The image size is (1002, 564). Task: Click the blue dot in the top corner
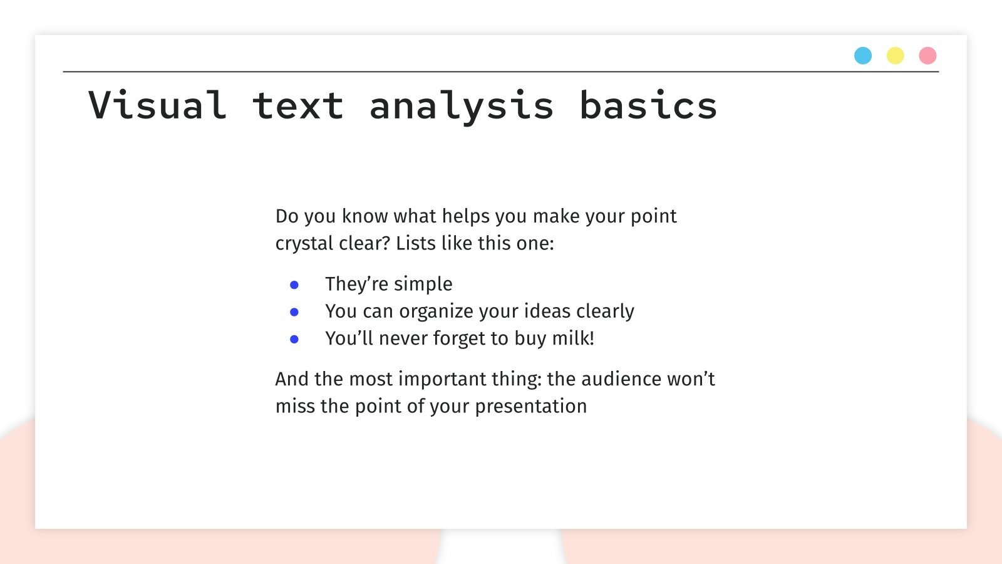pos(863,56)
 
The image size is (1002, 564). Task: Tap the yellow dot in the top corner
pos(895,56)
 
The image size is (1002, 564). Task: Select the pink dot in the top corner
pos(927,56)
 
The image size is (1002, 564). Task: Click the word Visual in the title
pos(157,105)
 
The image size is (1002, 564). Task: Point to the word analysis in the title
pos(462,105)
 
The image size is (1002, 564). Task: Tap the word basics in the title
pos(648,105)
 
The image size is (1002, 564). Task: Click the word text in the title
pos(298,105)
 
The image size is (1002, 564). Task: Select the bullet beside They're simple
pos(294,285)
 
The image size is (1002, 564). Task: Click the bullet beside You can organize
pos(294,312)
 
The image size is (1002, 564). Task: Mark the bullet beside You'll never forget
pos(294,339)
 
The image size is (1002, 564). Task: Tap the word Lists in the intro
pos(416,243)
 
